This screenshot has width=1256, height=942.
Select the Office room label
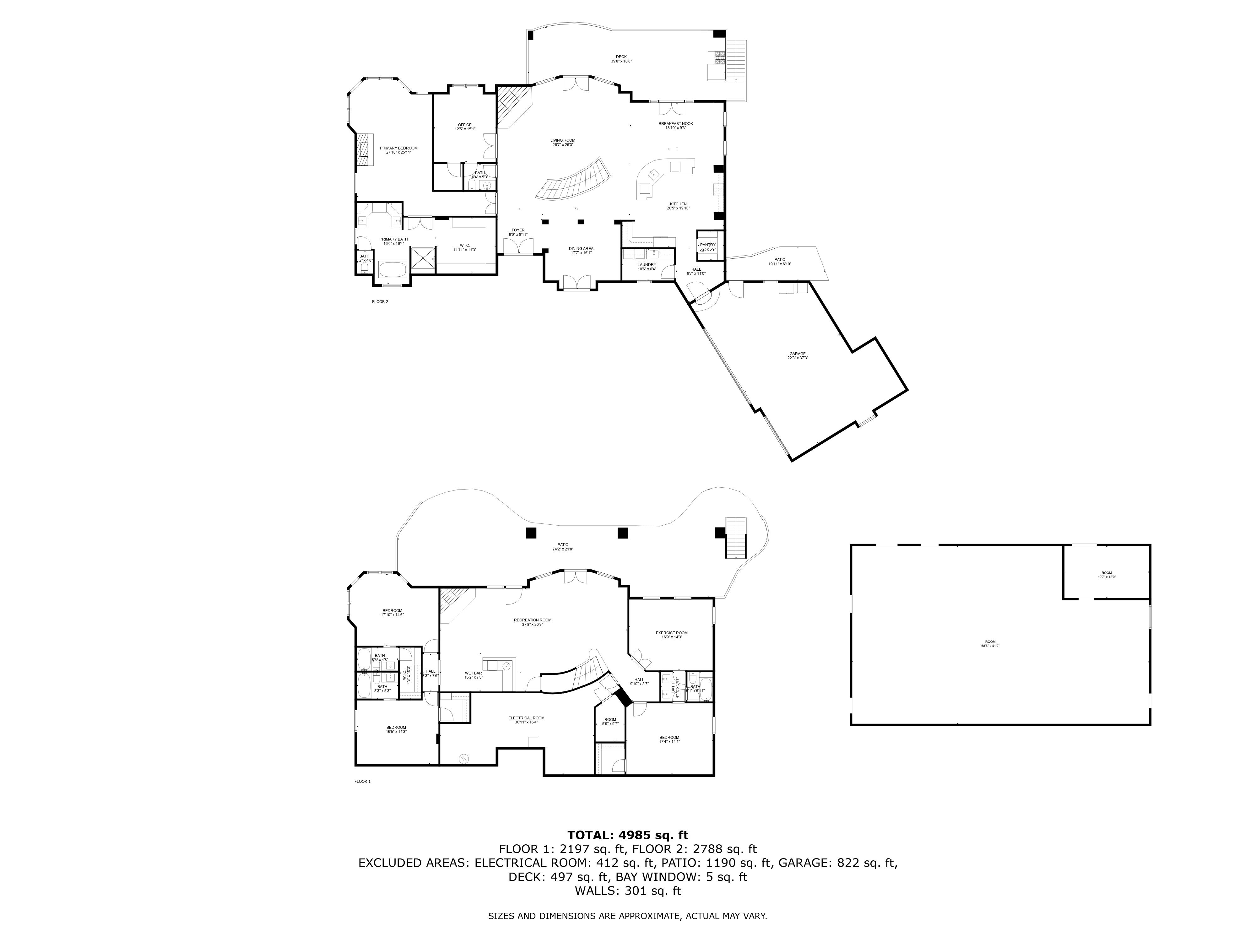point(464,127)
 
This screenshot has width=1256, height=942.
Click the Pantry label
point(707,246)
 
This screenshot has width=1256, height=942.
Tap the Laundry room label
point(647,266)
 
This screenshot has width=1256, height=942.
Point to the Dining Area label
point(581,250)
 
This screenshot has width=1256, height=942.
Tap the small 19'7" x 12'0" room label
point(1107,575)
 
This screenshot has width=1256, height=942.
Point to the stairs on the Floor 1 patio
point(736,537)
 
